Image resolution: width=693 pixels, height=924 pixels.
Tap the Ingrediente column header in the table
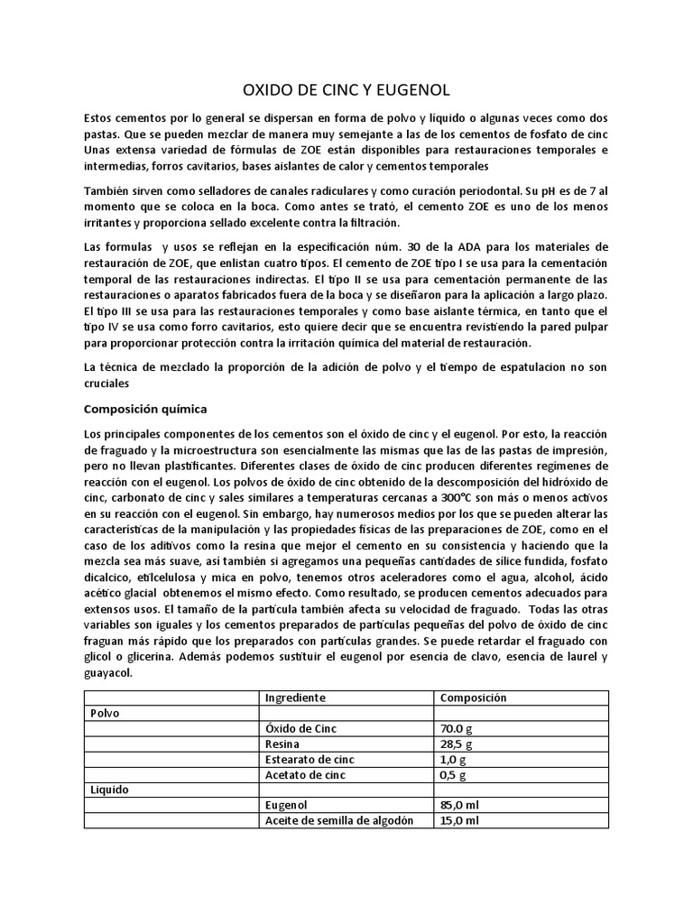coord(295,698)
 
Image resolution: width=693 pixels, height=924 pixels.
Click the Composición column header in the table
coord(473,698)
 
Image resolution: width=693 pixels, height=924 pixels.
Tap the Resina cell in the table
coord(282,744)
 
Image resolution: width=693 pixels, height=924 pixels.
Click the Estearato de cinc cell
coord(310,759)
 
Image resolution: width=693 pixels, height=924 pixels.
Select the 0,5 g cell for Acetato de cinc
coord(453,774)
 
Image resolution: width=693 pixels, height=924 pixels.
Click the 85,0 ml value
coord(459,805)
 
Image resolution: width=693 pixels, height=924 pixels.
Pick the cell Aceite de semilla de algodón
coord(338,820)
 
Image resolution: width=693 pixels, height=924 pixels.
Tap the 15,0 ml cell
coord(459,820)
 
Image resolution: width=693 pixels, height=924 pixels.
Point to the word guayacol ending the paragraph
coord(111,672)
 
